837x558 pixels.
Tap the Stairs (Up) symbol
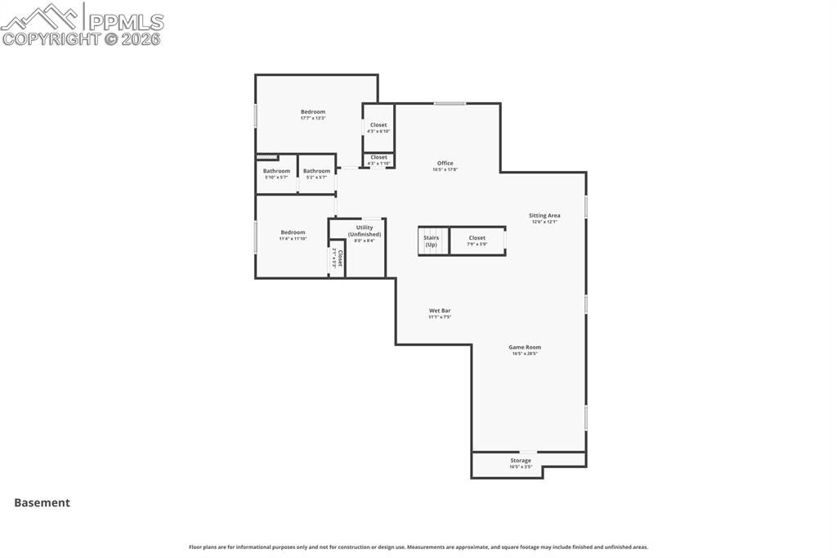[x=431, y=241]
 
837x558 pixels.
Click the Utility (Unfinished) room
[x=365, y=233]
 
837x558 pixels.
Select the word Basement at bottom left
[x=42, y=503]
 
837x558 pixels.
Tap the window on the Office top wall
[x=450, y=103]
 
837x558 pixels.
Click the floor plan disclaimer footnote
[x=418, y=547]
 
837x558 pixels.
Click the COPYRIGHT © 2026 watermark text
[x=82, y=38]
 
